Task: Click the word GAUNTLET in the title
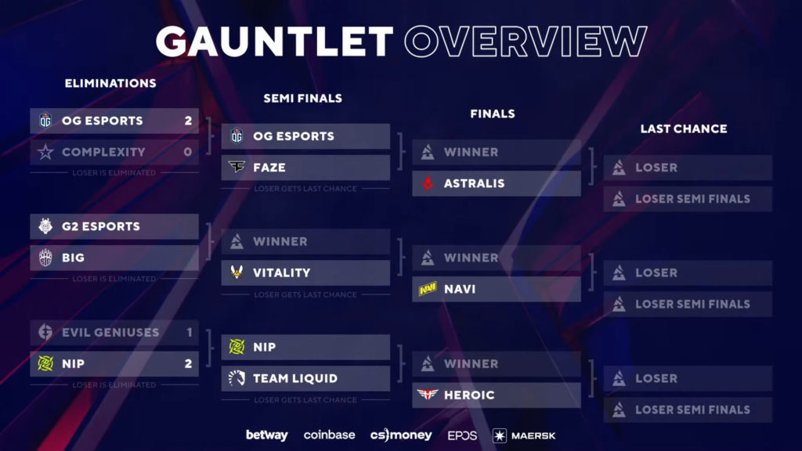[273, 41]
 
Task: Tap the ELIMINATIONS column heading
[110, 83]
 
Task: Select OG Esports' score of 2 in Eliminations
[188, 121]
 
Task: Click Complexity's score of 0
[188, 152]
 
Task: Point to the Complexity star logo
[45, 152]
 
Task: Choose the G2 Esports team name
[101, 226]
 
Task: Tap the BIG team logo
[45, 258]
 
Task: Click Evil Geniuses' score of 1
[189, 332]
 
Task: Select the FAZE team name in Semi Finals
[269, 168]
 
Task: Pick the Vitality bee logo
[237, 272]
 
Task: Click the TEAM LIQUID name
[295, 378]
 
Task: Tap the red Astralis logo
[428, 183]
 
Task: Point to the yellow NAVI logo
[428, 289]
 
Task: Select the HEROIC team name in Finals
[469, 395]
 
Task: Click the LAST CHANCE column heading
[684, 128]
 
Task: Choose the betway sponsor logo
[266, 435]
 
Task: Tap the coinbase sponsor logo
[329, 435]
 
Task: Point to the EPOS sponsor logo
[462, 435]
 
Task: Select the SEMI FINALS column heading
[302, 99]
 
